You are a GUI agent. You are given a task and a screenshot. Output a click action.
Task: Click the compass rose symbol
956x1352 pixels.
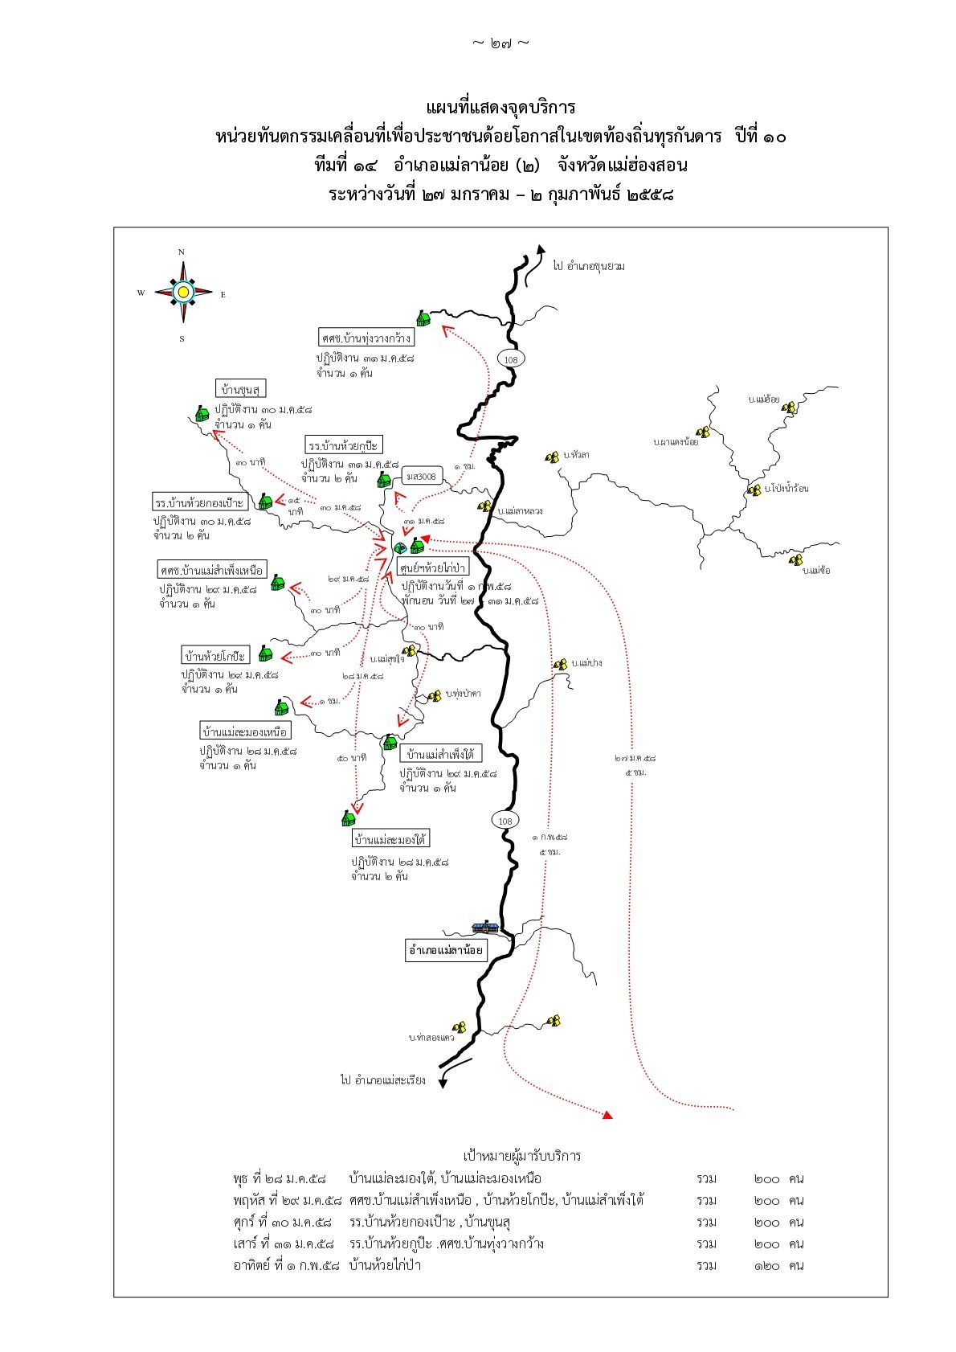click(x=183, y=292)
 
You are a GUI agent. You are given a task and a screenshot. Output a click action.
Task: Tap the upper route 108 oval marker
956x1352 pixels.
click(x=510, y=359)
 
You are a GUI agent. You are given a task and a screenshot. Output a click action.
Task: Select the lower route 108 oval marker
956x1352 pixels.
click(x=505, y=821)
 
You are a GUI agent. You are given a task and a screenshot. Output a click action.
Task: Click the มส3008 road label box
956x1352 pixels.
click(x=424, y=477)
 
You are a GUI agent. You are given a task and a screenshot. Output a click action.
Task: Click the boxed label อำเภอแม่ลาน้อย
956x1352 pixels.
click(x=446, y=950)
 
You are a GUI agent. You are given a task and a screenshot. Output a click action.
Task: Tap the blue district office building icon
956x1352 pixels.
click(x=484, y=927)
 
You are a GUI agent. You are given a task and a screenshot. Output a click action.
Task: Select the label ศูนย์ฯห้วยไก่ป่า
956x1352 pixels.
click(x=432, y=567)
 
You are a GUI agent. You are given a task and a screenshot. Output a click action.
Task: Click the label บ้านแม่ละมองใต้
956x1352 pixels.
click(x=390, y=839)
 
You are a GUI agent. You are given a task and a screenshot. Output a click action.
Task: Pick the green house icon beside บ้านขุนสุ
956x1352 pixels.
click(x=202, y=413)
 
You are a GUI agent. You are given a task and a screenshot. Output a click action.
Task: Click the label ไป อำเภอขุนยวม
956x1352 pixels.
click(x=589, y=265)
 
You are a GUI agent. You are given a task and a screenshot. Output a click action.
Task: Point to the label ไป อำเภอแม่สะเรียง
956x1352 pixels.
click(x=382, y=1080)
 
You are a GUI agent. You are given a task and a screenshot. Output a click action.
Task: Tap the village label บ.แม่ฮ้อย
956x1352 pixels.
click(x=762, y=399)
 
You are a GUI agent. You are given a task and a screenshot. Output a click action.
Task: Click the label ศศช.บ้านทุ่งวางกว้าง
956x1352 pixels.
click(x=366, y=338)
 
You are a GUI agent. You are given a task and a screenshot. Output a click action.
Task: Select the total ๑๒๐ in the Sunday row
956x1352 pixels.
click(x=767, y=1265)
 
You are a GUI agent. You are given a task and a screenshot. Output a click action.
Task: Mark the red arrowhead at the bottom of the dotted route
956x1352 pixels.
click(x=608, y=1115)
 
